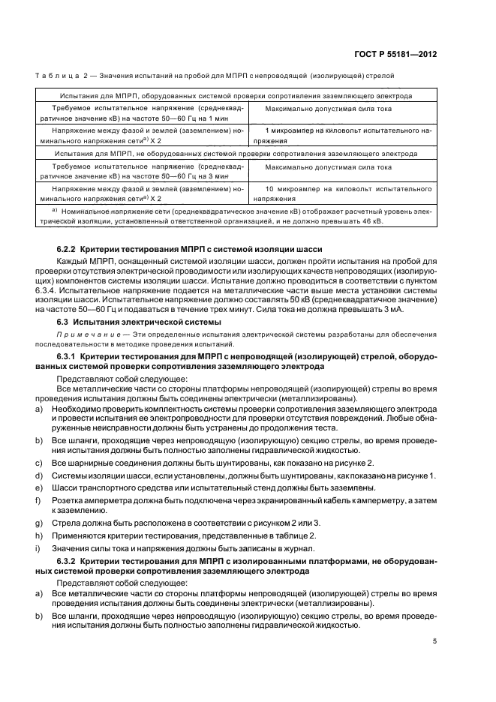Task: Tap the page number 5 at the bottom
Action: tap(435, 640)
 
